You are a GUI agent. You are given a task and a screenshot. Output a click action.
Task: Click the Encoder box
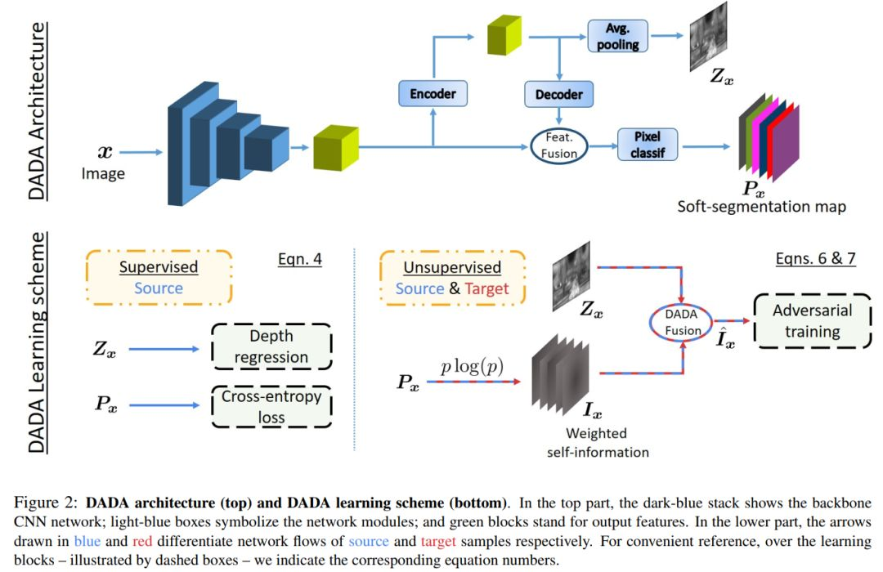(x=433, y=93)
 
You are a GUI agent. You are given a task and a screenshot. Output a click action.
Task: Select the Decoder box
(x=558, y=94)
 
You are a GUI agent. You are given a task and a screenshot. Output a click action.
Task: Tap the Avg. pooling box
(x=617, y=37)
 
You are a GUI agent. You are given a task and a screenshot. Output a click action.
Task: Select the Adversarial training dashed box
(x=813, y=321)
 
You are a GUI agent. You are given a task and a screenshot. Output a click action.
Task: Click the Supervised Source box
(x=159, y=278)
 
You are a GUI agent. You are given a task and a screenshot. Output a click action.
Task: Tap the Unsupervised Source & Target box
(x=451, y=278)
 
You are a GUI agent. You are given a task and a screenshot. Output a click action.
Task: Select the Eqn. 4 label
(x=300, y=260)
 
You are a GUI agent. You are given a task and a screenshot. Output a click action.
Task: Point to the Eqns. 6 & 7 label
(x=816, y=259)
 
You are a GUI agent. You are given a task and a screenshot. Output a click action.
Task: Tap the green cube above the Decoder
(x=504, y=37)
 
